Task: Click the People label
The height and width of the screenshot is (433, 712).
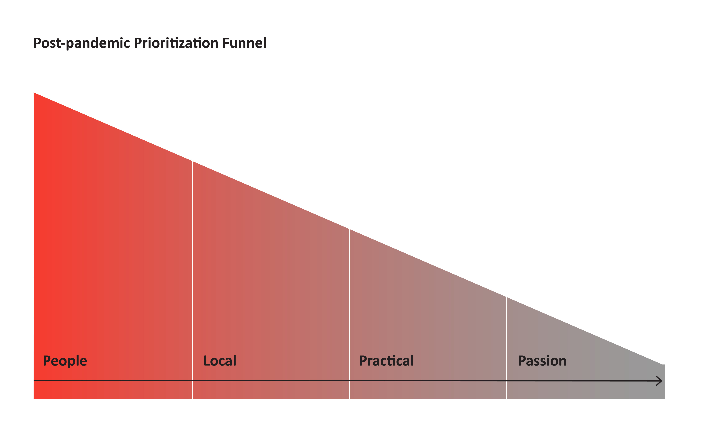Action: (x=65, y=361)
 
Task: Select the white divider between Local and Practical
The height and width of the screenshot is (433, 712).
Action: (x=349, y=312)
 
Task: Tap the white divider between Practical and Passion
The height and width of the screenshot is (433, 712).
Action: (x=506, y=347)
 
